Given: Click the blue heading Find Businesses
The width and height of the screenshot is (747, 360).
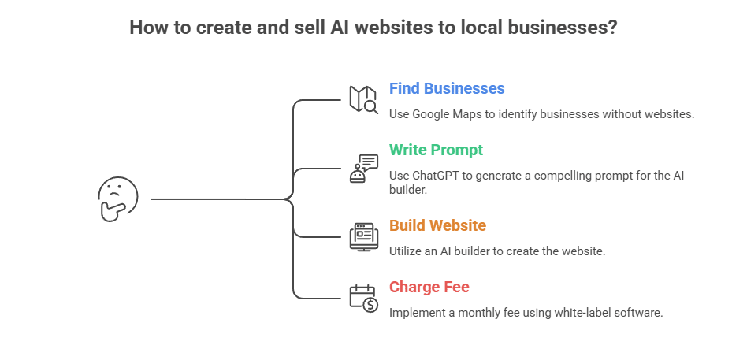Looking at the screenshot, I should click(447, 88).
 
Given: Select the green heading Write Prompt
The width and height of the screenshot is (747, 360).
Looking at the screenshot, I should click(436, 149).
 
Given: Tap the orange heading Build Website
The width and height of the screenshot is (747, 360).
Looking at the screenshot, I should click(437, 225).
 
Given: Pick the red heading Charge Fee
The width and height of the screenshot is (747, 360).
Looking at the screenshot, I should click(429, 287).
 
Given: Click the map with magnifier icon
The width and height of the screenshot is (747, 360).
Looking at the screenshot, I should click(364, 100).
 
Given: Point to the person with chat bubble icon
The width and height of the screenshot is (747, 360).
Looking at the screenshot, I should click(364, 169).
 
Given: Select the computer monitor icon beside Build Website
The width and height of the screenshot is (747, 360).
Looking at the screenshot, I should click(364, 236).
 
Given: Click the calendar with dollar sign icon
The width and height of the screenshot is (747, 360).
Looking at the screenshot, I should click(364, 298).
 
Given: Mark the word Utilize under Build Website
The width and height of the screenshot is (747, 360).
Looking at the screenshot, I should click(407, 251).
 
